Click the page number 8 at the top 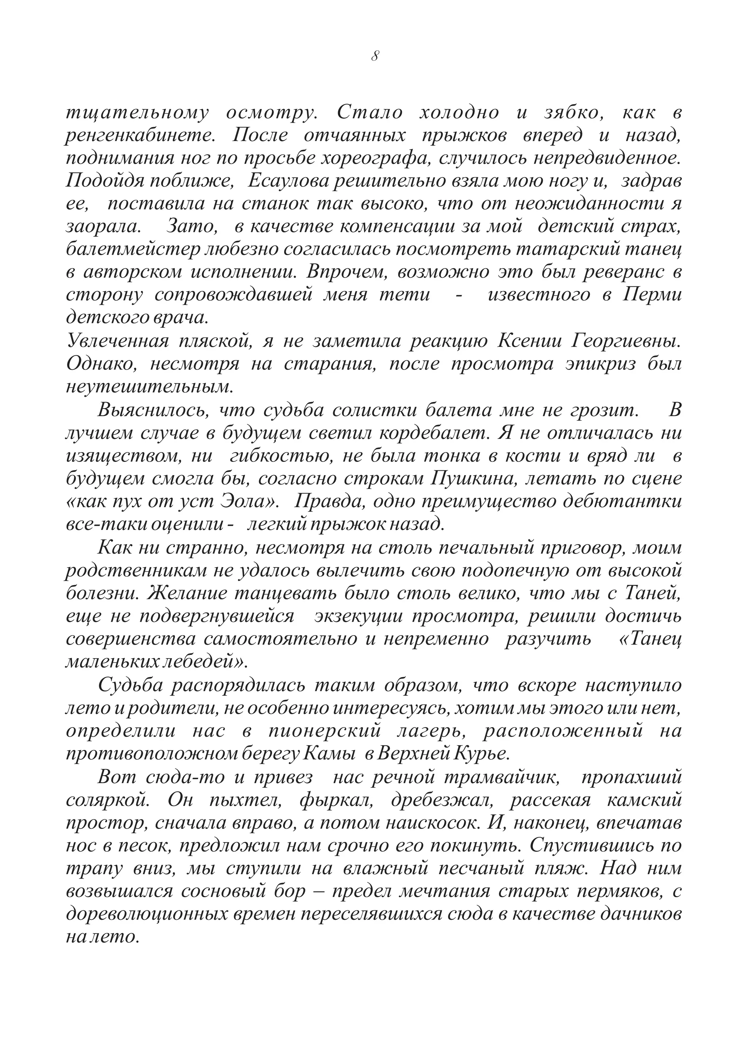pos(375,56)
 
